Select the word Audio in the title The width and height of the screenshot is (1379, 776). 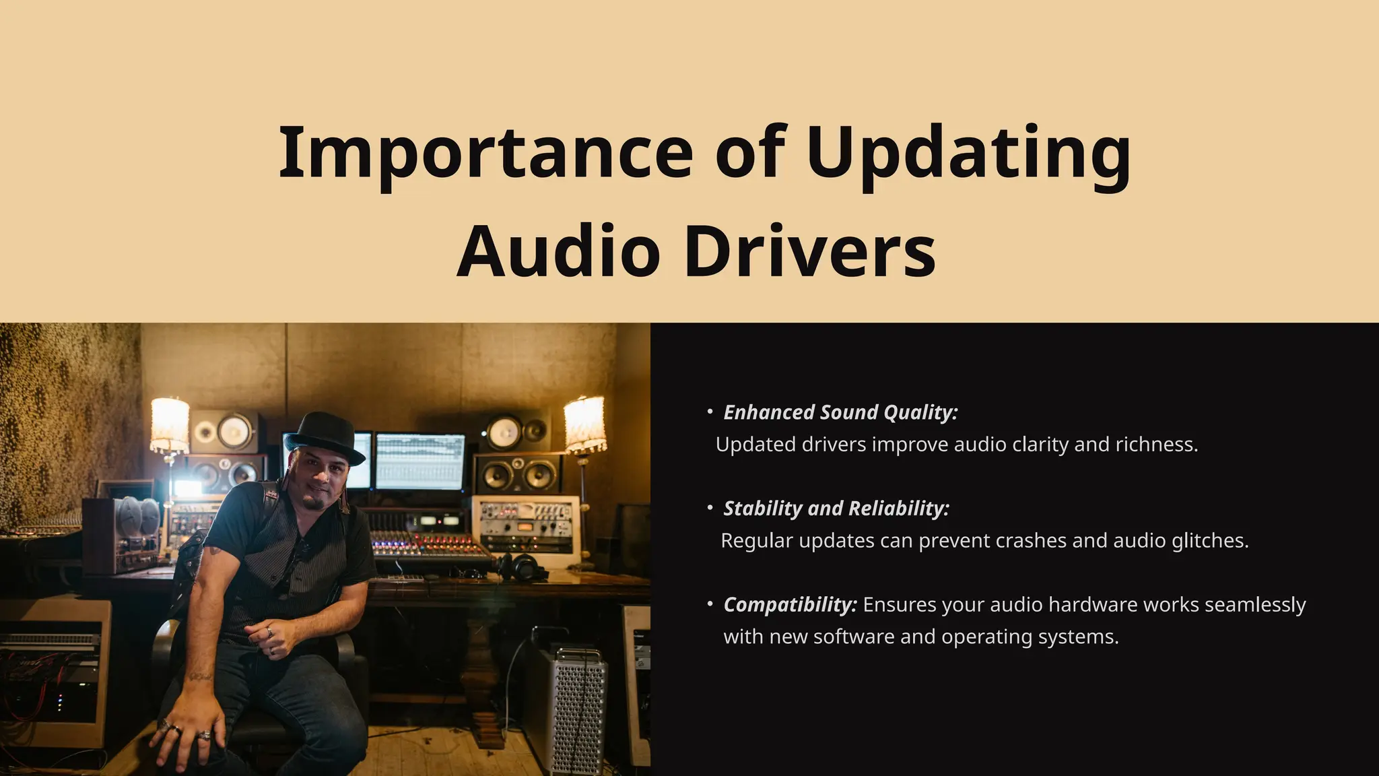[558, 251]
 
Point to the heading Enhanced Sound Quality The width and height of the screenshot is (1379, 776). [840, 412]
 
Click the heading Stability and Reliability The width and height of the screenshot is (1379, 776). [836, 509]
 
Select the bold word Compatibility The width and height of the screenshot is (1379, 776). [790, 605]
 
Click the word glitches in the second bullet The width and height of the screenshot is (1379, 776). [1209, 541]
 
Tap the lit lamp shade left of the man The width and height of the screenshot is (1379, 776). [170, 425]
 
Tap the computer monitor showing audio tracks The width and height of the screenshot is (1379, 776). [420, 461]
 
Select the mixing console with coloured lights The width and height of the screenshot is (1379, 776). [428, 546]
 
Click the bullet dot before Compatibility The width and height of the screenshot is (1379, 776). [710, 604]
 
